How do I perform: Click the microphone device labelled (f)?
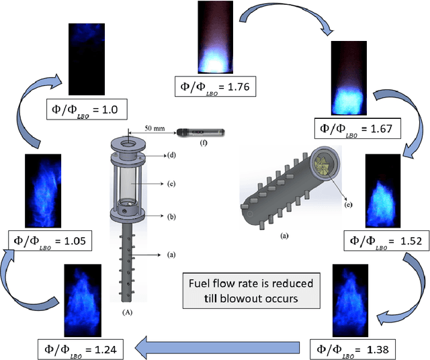(200, 132)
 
